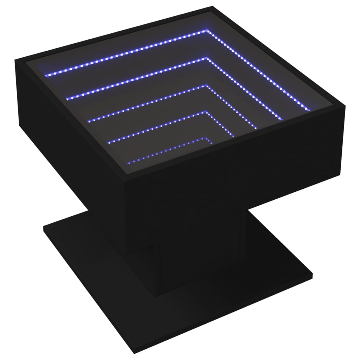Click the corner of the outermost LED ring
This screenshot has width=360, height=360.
pos(207,31)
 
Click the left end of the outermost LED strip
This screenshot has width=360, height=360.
pos(45,74)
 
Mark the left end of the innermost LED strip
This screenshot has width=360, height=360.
pos(129,162)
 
